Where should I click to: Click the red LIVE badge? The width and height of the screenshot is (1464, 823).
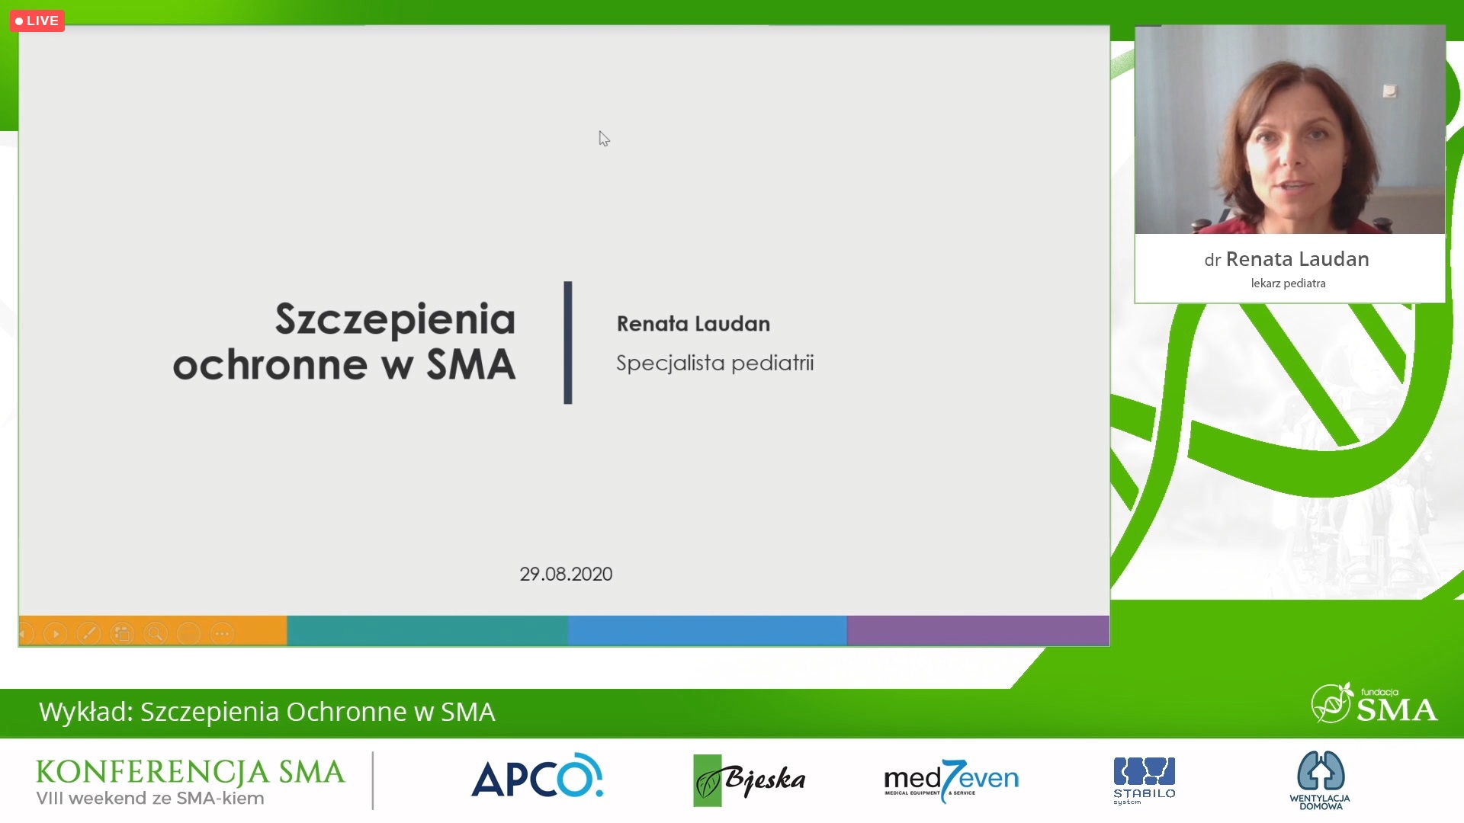[37, 21]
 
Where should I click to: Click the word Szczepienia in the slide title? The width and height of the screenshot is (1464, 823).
[395, 319]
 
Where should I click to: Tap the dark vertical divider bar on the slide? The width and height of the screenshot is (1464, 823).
[568, 343]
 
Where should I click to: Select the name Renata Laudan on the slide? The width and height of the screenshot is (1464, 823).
[693, 324]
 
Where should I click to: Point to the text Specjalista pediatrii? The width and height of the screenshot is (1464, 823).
[714, 363]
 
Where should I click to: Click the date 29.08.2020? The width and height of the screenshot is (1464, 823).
[566, 574]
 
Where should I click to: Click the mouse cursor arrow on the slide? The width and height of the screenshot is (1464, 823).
[604, 139]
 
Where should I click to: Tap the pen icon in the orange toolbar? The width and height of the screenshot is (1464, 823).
[88, 633]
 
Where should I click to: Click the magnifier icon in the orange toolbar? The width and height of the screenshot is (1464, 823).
[156, 633]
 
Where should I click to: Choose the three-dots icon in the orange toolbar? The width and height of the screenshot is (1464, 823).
[222, 633]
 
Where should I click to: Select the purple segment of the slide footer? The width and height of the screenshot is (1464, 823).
[978, 631]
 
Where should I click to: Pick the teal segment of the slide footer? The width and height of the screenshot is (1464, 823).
[428, 631]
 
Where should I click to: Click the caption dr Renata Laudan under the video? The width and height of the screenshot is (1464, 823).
[1287, 259]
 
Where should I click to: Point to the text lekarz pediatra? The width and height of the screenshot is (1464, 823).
[1288, 283]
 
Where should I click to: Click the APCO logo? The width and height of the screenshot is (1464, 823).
[538, 777]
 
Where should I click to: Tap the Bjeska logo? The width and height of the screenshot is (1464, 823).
[749, 780]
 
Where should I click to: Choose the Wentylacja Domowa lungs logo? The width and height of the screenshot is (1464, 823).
[1321, 780]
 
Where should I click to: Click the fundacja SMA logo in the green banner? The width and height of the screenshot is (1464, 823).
[1374, 703]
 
